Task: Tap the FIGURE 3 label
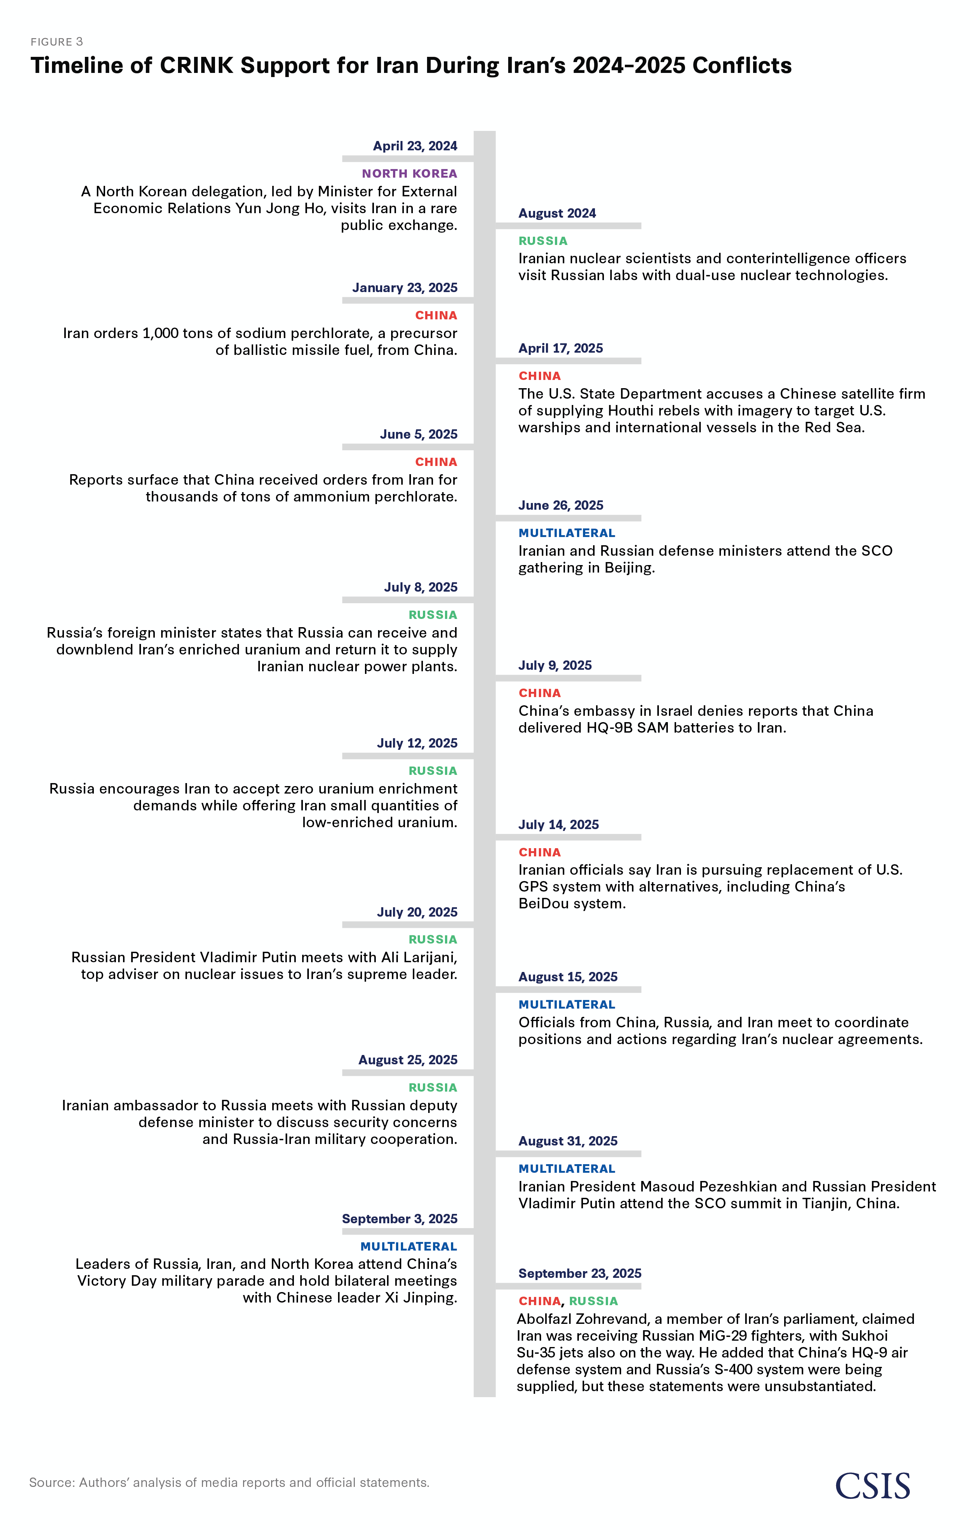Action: (x=57, y=42)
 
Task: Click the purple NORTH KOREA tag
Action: (x=409, y=173)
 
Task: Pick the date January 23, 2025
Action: (x=405, y=288)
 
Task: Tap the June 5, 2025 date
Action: (x=419, y=434)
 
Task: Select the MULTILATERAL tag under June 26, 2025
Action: (x=567, y=533)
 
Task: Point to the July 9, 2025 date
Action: (x=555, y=665)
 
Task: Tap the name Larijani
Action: (x=429, y=957)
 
